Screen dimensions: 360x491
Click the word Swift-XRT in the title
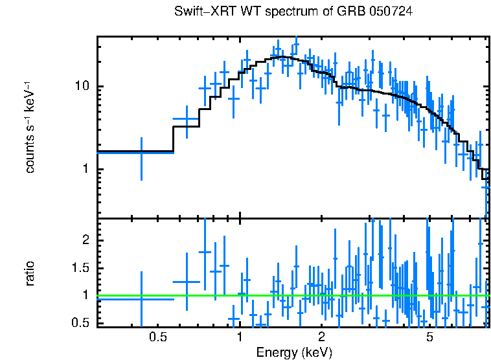click(x=199, y=12)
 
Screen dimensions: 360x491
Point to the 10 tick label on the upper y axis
click(x=81, y=87)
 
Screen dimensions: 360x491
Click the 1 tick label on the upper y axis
click(x=84, y=170)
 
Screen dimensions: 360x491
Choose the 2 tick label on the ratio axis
click(x=84, y=240)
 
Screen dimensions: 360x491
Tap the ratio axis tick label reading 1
click(x=84, y=295)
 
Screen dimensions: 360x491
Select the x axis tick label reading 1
click(x=240, y=337)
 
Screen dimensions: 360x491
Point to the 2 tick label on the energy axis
click(x=321, y=337)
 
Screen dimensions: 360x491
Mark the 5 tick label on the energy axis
click(x=429, y=337)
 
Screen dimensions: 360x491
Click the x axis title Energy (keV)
click(x=294, y=352)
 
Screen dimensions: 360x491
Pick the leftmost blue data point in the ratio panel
click(x=141, y=298)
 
